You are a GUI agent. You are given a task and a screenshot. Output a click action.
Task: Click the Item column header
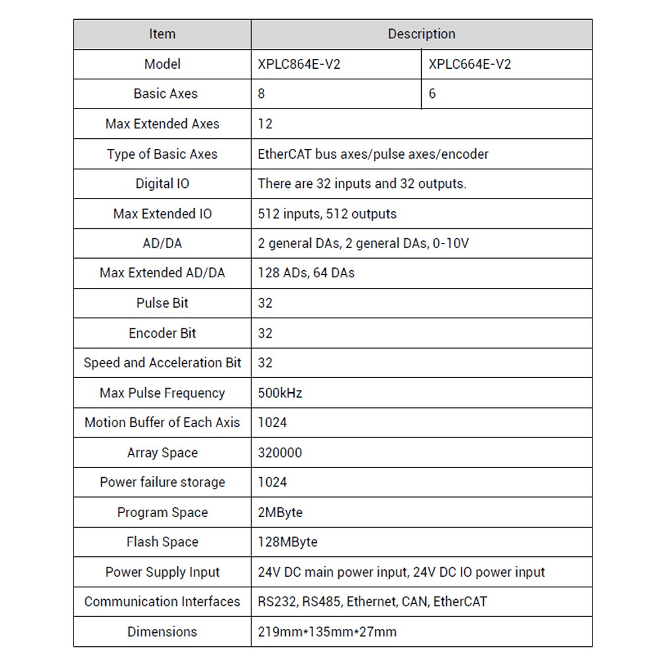162,34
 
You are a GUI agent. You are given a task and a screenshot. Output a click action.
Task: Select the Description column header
421,34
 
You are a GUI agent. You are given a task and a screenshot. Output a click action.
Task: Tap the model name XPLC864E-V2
299,64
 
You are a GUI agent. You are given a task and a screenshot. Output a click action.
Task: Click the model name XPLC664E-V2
470,64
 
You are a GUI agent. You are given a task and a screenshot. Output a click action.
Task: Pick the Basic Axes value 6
432,94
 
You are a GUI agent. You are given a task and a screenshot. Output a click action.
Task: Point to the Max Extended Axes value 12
265,124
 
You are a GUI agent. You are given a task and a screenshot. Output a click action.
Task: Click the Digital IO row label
162,183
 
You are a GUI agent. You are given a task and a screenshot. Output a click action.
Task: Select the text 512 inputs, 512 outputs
327,214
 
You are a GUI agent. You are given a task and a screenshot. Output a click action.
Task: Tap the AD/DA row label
162,244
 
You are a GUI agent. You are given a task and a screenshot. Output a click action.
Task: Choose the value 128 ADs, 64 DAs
306,273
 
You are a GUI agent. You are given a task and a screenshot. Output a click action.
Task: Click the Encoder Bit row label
162,333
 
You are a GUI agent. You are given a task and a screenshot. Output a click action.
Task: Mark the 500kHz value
279,393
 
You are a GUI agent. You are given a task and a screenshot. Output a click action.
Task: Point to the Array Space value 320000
279,453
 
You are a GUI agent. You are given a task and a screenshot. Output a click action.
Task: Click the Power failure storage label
162,482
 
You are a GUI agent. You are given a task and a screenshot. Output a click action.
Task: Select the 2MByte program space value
279,512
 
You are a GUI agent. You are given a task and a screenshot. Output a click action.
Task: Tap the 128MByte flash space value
287,542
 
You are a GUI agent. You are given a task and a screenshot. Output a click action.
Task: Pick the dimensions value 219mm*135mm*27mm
327,632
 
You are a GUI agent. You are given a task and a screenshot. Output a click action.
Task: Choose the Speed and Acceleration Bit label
162,363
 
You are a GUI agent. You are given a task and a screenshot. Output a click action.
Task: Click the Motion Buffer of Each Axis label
162,422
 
